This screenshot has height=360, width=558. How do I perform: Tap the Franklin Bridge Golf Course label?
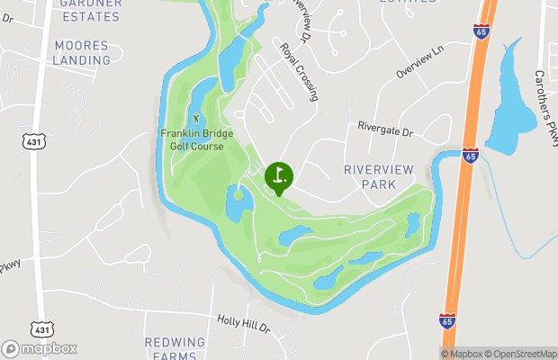[196, 139]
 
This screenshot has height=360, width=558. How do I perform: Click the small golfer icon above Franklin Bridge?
[196, 118]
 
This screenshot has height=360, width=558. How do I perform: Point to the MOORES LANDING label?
[82, 52]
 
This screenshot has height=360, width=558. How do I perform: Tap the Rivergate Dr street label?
[384, 131]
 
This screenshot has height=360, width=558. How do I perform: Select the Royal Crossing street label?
[299, 72]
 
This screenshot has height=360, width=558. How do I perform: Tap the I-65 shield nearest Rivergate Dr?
[470, 155]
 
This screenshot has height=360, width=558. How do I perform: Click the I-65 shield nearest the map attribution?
[447, 320]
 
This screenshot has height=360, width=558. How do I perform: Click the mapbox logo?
[40, 348]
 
